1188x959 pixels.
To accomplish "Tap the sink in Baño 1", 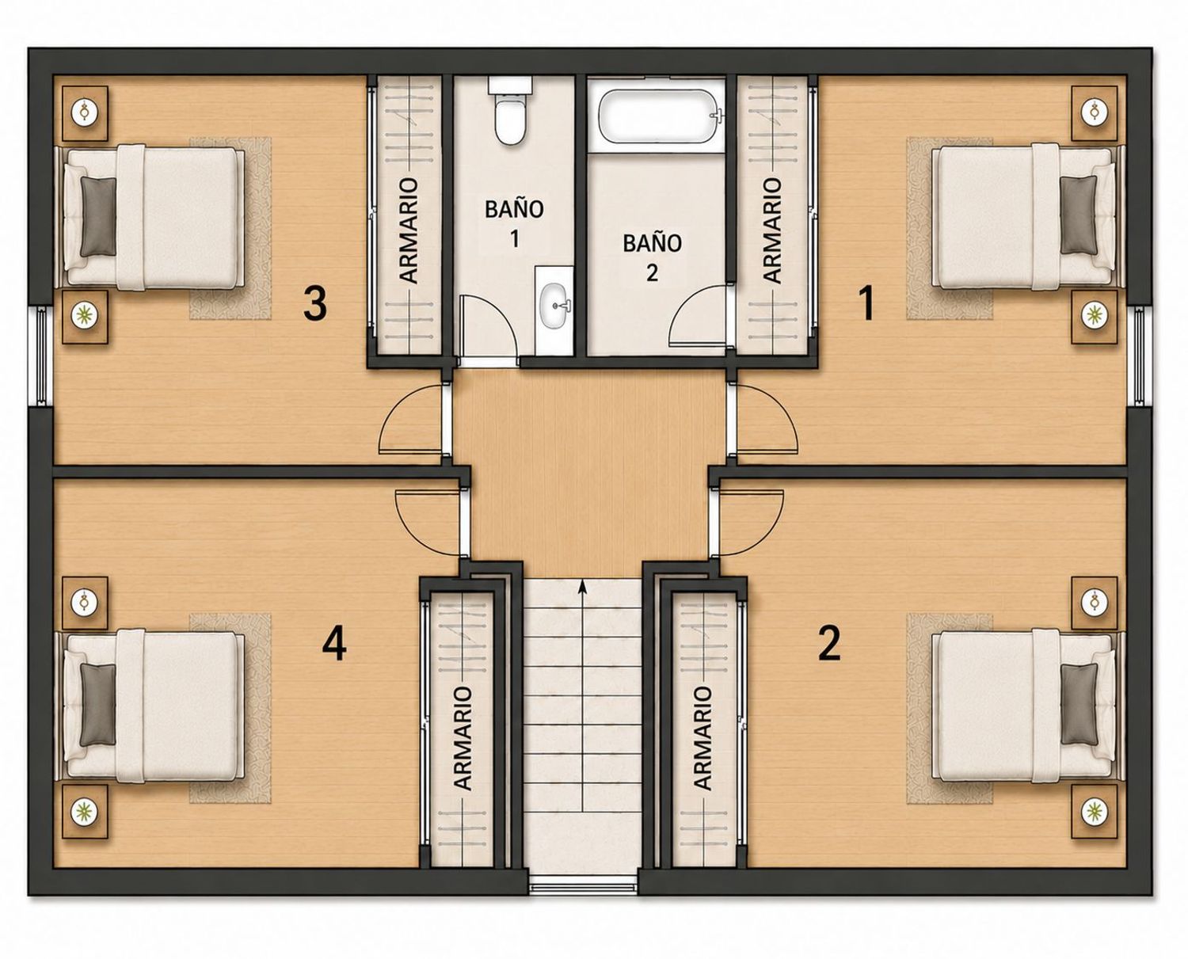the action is [554, 304].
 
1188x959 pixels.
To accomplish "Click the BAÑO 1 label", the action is [514, 223].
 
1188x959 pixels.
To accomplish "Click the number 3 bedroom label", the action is [315, 304].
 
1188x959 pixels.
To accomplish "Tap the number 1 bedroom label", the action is [866, 304].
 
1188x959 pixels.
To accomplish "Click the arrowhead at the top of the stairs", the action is [583, 585].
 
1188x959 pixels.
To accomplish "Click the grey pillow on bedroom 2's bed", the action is [1078, 704].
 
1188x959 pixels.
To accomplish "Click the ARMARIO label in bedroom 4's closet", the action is [463, 737].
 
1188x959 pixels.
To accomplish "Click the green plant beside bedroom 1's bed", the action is [1091, 314].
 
